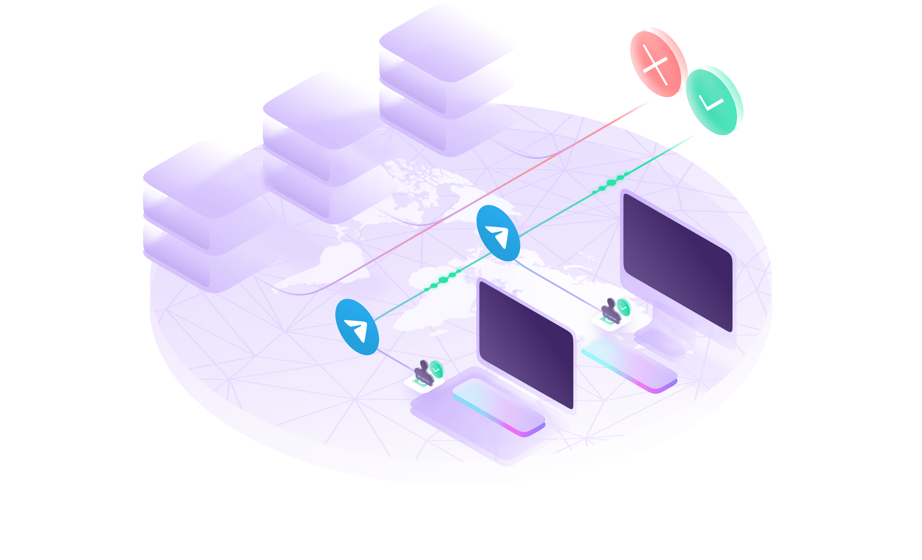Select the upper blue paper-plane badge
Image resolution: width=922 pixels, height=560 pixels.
tap(498, 233)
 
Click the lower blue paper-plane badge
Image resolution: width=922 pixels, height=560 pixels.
tap(357, 327)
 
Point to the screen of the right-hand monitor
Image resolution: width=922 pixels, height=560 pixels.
tap(677, 262)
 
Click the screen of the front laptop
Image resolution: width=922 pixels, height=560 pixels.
tap(526, 344)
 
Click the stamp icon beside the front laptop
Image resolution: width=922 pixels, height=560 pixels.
tap(424, 374)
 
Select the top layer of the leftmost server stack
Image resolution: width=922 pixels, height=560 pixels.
tap(210, 179)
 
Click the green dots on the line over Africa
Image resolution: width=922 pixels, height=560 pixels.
tap(443, 280)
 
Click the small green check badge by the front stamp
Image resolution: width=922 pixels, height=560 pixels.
tap(436, 369)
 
